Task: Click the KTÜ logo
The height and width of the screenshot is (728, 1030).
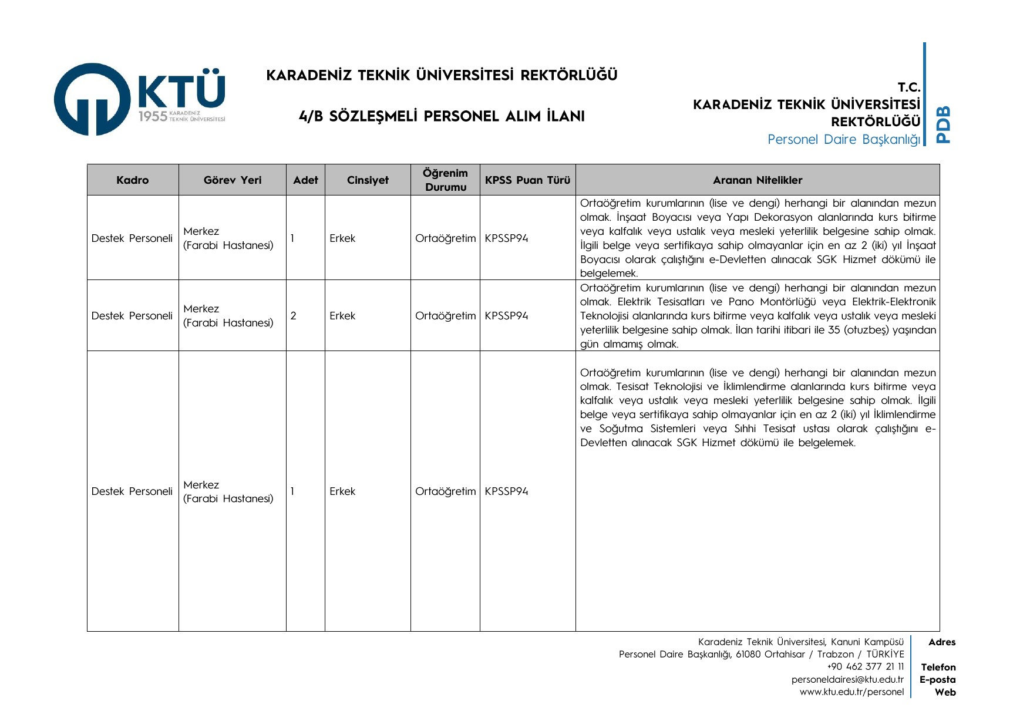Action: (x=140, y=99)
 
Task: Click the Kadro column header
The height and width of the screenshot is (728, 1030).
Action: (x=133, y=180)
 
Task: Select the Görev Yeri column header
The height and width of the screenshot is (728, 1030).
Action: (x=233, y=180)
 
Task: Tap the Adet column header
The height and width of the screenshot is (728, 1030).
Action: (x=305, y=180)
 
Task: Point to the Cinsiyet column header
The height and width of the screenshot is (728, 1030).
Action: (x=368, y=180)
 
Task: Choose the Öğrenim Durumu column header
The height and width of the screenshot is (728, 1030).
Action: (x=446, y=180)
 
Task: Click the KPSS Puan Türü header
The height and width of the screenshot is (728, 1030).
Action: (x=527, y=180)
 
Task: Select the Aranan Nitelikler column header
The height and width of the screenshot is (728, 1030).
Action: (x=758, y=180)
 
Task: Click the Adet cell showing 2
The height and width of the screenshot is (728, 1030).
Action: (x=294, y=316)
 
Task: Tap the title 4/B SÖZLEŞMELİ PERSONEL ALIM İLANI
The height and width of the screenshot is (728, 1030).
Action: (x=442, y=116)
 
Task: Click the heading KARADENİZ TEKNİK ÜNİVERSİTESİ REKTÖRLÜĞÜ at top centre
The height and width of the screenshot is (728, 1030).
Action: (x=442, y=75)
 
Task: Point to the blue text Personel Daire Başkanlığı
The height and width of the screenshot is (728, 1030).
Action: (x=844, y=140)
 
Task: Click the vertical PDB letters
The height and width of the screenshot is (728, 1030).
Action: (x=943, y=124)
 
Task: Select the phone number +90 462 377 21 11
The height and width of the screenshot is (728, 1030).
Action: (x=866, y=667)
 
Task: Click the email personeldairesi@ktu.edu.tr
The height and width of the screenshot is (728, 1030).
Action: (x=847, y=680)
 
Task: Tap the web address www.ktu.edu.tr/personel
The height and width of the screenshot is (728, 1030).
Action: (x=851, y=692)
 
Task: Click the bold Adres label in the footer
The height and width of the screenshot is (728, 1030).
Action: (x=942, y=642)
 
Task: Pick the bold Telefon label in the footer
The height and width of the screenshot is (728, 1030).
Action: (x=938, y=668)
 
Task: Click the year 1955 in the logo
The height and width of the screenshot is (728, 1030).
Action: (x=153, y=117)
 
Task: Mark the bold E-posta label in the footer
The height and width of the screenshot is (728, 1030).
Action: (x=938, y=680)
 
